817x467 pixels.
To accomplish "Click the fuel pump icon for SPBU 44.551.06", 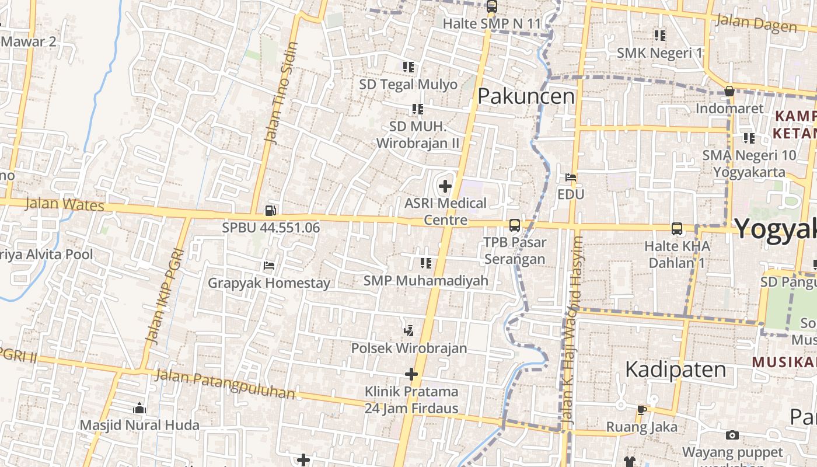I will point(270,210).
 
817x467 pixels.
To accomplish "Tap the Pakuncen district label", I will point(526,96).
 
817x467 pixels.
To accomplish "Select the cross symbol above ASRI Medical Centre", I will point(445,187).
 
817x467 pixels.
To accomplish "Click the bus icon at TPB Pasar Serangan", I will point(514,225).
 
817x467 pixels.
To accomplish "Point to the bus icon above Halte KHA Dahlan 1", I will point(676,229).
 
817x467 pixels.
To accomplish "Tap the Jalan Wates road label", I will point(65,204).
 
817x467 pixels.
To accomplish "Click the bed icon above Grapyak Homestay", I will point(268,266).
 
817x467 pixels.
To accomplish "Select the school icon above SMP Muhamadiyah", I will point(425,263).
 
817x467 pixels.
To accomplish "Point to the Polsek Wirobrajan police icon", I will point(408,331).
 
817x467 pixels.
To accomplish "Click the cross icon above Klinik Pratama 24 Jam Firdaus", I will point(411,374).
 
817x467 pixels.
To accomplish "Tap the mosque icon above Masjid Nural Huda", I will point(139,407).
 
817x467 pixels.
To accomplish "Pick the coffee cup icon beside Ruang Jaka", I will point(641,410).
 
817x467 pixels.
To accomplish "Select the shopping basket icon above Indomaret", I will point(729,91).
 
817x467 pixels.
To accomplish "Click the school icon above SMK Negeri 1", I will point(659,36).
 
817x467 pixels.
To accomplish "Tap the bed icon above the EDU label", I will point(571,177).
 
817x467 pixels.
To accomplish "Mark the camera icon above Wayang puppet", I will point(732,435).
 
